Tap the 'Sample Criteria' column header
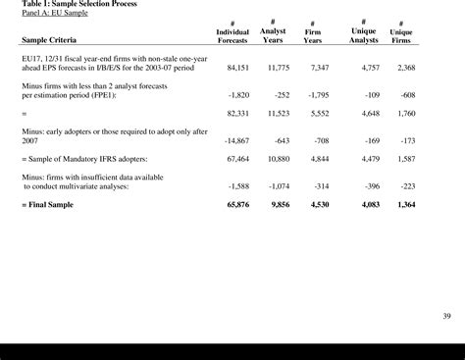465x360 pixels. point(57,41)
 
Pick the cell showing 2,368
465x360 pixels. point(402,68)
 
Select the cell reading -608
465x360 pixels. point(405,95)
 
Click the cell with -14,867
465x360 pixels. point(237,141)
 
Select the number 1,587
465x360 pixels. point(402,158)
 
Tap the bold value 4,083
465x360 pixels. point(364,205)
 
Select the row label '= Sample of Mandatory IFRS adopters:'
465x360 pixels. point(84,158)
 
